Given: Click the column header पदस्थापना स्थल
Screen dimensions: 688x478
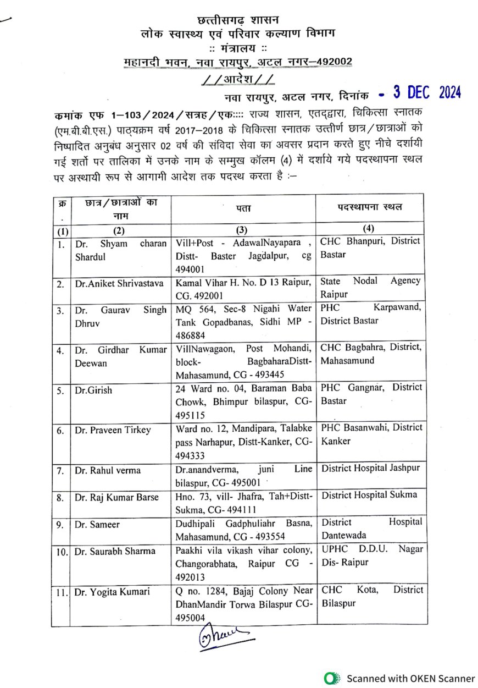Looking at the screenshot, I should coord(370,207).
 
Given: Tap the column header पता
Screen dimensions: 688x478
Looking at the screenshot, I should coord(242,207).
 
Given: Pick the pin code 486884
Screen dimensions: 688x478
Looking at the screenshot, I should coord(190,337).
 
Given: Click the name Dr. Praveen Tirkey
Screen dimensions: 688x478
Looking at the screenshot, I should coord(113,430).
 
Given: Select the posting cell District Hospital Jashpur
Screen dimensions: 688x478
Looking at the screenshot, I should coord(370,468).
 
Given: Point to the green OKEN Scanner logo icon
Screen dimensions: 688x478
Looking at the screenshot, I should coord(330,678).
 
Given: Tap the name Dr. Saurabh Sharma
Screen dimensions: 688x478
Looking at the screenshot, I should coord(115,551).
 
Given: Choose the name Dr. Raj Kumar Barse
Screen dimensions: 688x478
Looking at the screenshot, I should coord(117,497).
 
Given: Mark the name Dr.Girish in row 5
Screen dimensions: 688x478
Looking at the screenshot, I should coord(93,390).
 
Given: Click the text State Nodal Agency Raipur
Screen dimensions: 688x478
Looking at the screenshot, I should coord(370,287).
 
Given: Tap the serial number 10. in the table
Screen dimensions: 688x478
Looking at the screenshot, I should coord(62,552).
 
